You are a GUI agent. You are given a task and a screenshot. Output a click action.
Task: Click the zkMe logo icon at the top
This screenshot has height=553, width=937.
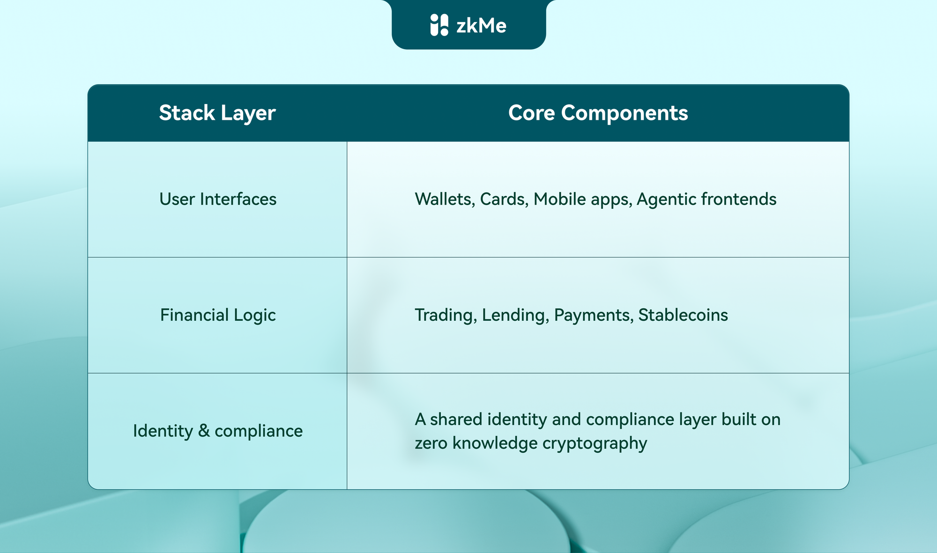tap(439, 25)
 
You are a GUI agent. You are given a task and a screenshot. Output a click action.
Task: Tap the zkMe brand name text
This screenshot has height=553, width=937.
tap(481, 25)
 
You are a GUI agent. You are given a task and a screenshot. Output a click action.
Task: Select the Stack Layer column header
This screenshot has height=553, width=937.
tap(217, 113)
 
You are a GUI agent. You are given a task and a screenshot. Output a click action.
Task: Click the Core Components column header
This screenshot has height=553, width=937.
tap(598, 113)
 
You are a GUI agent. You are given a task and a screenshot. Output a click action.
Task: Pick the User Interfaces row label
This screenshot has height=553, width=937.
tap(218, 199)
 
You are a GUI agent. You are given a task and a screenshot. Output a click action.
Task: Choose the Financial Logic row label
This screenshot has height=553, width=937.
tap(218, 315)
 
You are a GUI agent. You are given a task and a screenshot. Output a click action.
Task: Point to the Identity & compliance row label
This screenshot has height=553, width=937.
tap(218, 431)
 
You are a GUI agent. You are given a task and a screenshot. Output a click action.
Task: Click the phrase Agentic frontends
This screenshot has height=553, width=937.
tap(706, 199)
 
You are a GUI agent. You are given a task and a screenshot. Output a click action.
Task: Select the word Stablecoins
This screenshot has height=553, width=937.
tap(683, 315)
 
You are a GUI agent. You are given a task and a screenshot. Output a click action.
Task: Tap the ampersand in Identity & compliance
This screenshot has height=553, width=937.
tap(204, 431)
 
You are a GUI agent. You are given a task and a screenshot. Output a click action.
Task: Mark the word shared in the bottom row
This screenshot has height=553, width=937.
tap(456, 419)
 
